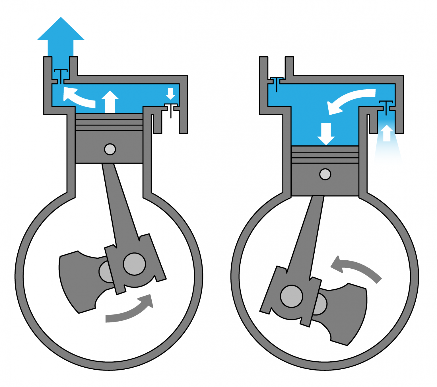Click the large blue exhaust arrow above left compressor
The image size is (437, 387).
click(x=61, y=37)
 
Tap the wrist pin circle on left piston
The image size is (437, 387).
click(x=110, y=149)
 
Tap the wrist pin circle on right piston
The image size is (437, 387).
click(x=325, y=174)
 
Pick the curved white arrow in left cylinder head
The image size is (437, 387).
click(x=78, y=98)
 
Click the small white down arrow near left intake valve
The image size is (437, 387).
click(x=170, y=93)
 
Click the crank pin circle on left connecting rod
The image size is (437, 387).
click(x=134, y=264)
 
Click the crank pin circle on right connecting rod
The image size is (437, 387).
click(x=291, y=296)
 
